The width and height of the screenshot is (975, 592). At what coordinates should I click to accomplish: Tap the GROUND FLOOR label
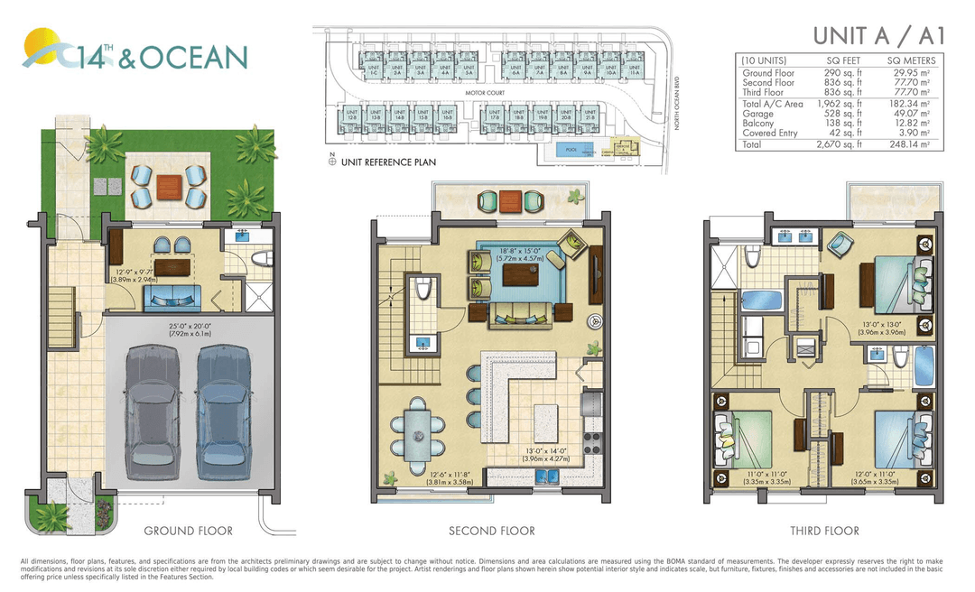tap(188, 531)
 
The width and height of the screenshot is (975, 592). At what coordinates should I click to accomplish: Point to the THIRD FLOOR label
tap(824, 531)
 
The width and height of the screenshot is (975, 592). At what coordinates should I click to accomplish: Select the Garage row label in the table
tap(757, 115)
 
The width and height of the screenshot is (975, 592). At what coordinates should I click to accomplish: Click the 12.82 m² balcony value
tap(910, 124)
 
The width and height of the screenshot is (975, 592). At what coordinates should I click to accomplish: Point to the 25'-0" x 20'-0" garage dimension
tap(189, 329)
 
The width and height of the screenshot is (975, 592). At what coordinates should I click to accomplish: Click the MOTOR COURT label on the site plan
tap(483, 93)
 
